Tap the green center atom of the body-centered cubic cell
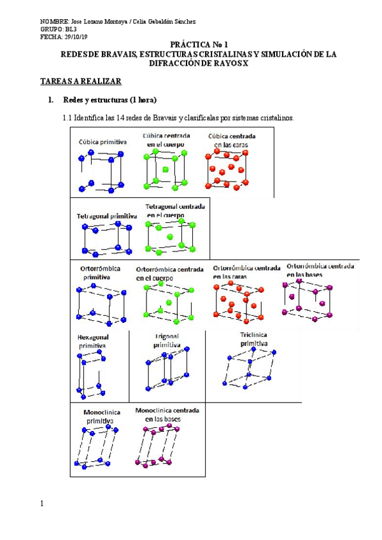(x=166, y=169)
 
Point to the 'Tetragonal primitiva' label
(x=106, y=217)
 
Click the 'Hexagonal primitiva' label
(x=93, y=341)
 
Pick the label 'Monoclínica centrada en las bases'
(x=167, y=415)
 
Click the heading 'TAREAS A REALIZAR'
(x=80, y=82)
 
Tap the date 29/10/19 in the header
(x=76, y=37)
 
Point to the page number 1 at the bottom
(x=42, y=504)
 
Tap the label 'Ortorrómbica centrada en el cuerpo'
(x=169, y=274)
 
